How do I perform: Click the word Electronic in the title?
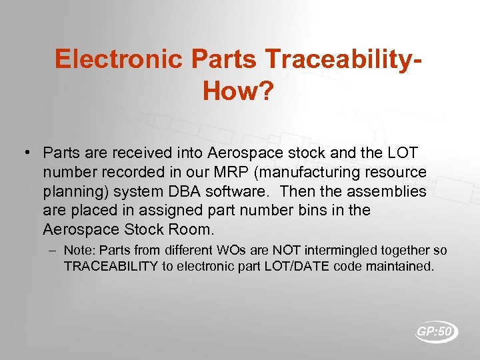(x=119, y=59)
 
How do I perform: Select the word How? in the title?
(x=238, y=91)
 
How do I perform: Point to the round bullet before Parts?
(x=25, y=153)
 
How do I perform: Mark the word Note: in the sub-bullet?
(x=79, y=251)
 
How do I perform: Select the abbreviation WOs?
(x=212, y=251)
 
